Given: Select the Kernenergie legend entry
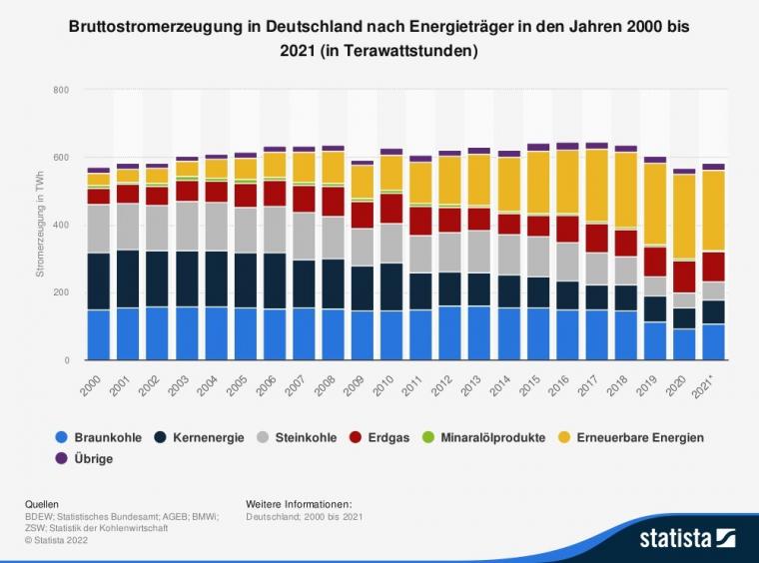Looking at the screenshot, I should tap(201, 437).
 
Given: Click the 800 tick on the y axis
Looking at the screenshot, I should tap(60, 90).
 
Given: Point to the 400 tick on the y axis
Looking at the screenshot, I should tap(60, 225).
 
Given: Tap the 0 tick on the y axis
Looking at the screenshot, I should tap(65, 359).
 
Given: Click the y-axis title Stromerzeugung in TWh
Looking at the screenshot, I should tap(40, 225).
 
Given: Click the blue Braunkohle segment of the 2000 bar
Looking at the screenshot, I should tap(98, 334).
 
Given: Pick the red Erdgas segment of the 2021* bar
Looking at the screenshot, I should tap(713, 267).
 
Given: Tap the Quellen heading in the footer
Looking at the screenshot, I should tap(41, 504).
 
